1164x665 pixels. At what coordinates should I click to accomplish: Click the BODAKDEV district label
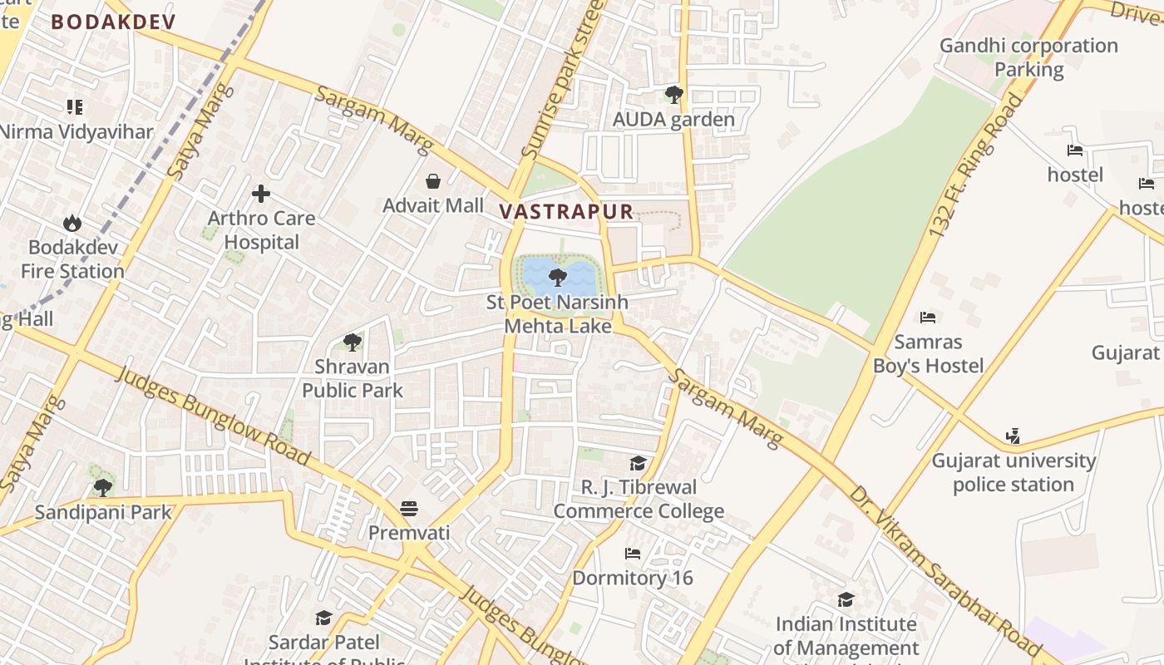point(113,22)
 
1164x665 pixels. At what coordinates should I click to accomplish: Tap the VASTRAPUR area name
point(566,211)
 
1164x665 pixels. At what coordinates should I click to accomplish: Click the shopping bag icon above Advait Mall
point(433,180)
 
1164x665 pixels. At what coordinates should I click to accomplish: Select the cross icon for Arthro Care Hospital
point(261,194)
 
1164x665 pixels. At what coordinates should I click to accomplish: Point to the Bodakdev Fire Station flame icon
point(72,223)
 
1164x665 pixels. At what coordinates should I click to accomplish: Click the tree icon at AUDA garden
point(674,95)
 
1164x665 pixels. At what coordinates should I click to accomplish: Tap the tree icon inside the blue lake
point(558,277)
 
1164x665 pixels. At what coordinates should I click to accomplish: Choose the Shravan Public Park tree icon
point(353,342)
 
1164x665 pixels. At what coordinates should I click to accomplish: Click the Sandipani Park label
point(103,512)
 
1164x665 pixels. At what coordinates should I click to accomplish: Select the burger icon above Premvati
point(408,508)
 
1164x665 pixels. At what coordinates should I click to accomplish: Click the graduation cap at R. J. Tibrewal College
point(638,463)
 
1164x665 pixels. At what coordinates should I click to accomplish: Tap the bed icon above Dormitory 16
point(633,554)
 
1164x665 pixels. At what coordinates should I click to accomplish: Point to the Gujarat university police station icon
point(1012,436)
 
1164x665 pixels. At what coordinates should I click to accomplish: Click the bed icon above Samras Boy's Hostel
point(928,318)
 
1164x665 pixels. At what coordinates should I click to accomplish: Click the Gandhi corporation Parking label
point(1028,57)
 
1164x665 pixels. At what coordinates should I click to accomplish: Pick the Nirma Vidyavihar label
point(76,131)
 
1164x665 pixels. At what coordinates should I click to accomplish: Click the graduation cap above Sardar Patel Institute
point(323,618)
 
